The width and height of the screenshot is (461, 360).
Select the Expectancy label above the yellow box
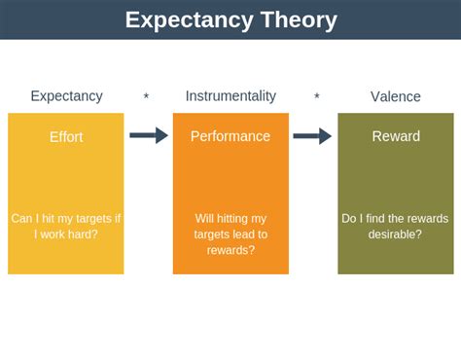tap(66, 96)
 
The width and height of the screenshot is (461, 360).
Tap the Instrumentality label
tap(230, 96)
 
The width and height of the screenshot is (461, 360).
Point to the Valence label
tap(396, 96)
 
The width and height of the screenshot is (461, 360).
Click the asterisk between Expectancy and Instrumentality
tap(146, 97)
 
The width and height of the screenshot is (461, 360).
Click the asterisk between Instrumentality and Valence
tap(317, 97)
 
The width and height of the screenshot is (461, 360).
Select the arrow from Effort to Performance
tap(148, 135)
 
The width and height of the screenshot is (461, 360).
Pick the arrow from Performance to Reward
tap(312, 135)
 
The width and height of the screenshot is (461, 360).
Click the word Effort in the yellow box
tap(66, 137)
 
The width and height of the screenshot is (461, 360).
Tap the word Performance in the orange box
tap(230, 137)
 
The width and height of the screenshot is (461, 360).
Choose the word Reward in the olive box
tap(396, 137)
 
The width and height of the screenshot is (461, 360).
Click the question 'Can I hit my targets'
tap(66, 219)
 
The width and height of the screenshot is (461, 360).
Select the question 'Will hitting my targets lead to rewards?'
tap(230, 234)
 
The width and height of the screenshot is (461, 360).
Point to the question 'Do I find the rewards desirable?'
tap(396, 226)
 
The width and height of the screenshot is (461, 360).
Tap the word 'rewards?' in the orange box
tap(230, 250)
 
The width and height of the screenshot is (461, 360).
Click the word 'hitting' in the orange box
tap(243, 219)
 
